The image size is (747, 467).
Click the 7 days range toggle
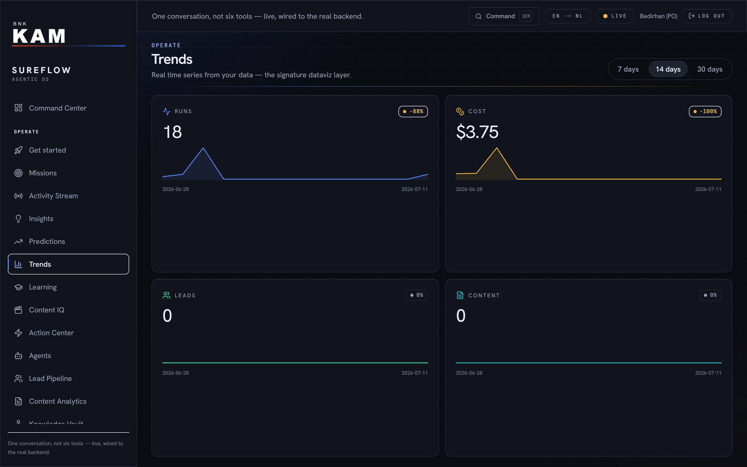click(x=628, y=69)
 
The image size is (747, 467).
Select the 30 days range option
click(x=710, y=69)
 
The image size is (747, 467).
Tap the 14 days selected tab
click(x=668, y=69)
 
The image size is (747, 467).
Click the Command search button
click(x=504, y=16)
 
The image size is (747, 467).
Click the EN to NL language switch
click(x=568, y=16)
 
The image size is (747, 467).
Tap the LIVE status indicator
click(x=615, y=16)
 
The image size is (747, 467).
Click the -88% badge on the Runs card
click(x=413, y=111)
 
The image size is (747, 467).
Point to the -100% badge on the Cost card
click(x=705, y=111)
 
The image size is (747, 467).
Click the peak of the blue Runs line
click(x=203, y=148)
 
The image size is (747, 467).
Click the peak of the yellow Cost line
click(x=497, y=148)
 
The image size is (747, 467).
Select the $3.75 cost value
click(x=477, y=132)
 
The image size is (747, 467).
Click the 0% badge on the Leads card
click(x=417, y=295)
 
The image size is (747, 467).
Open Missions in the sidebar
click(x=43, y=173)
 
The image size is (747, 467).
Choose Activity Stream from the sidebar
click(x=53, y=196)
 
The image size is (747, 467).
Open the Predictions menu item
click(x=47, y=241)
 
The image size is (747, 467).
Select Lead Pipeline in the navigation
click(x=50, y=378)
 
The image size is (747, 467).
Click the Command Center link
click(x=58, y=108)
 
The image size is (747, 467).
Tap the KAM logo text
click(x=39, y=36)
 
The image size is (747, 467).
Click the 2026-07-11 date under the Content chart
click(x=708, y=373)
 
